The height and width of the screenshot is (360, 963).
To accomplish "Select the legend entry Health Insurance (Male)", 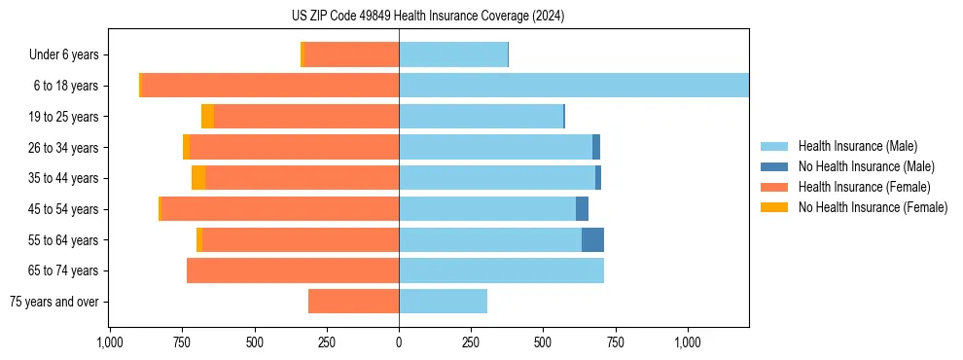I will (x=857, y=146).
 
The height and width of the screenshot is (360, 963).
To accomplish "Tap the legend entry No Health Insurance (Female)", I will (x=873, y=207).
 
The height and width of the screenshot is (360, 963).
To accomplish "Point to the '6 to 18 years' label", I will (x=66, y=86).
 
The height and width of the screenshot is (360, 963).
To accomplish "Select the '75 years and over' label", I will (x=54, y=302).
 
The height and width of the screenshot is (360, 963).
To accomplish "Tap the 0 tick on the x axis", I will (x=399, y=342).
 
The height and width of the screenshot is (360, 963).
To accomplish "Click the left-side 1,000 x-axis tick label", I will (x=110, y=342).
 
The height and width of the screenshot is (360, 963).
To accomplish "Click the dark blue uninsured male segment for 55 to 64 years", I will (x=592, y=239).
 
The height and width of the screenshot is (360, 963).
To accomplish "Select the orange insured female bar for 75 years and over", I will (x=353, y=302).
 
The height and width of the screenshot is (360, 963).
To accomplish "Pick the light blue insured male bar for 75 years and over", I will (x=443, y=302).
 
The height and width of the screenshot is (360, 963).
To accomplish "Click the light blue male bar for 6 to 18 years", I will (x=574, y=86).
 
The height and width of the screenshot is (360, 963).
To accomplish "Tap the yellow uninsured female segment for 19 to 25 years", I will (x=207, y=117).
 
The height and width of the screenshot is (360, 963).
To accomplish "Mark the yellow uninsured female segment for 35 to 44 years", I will (x=198, y=178).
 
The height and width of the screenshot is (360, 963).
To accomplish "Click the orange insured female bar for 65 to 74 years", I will (x=293, y=270).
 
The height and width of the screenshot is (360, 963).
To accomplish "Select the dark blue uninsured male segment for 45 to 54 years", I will (x=582, y=209).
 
